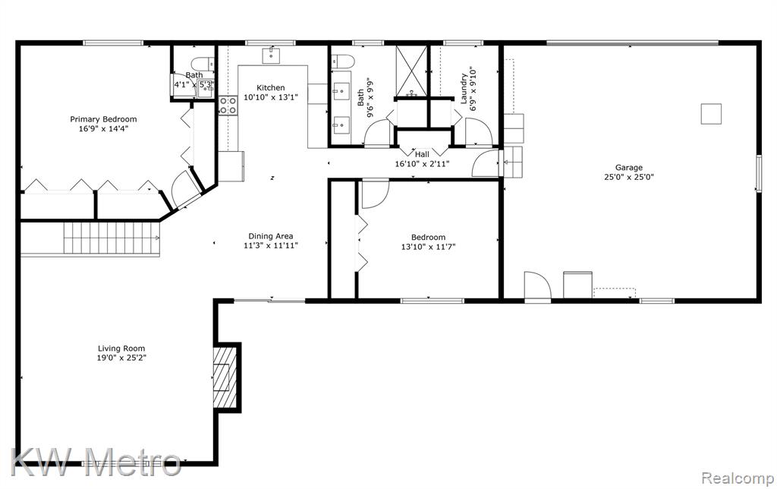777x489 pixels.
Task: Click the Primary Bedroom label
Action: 103,119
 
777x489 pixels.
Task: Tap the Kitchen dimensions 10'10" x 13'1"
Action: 271,97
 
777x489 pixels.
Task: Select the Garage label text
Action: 629,168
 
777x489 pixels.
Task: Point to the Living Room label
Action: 121,349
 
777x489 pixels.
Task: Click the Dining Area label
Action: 271,236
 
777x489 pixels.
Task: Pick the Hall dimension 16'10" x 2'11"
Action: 422,164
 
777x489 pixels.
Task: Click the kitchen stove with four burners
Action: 228,105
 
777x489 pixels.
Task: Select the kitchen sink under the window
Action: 272,55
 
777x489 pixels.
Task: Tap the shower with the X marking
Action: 411,71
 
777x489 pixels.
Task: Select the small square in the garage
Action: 711,114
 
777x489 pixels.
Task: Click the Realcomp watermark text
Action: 738,478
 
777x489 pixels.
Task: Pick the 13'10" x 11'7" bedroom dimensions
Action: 428,247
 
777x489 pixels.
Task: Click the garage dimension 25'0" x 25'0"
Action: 629,177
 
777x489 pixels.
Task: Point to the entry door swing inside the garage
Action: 538,285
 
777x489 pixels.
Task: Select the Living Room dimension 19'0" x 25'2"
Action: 121,358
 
